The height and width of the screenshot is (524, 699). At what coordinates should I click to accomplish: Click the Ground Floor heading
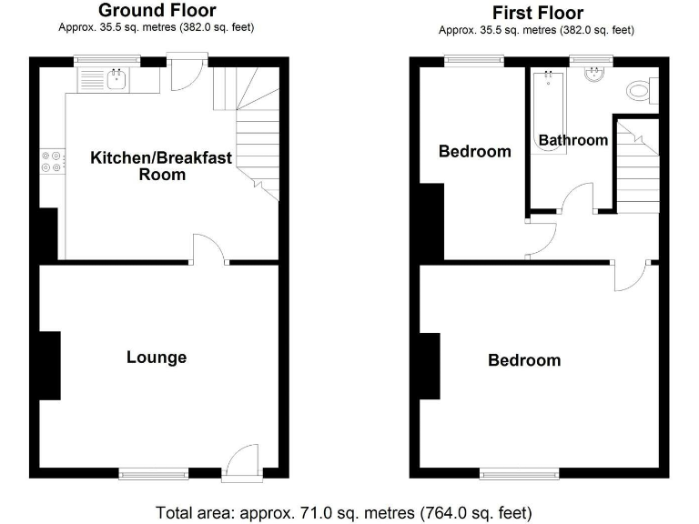pos(157,11)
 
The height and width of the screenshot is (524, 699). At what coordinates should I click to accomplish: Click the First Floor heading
pos(537,13)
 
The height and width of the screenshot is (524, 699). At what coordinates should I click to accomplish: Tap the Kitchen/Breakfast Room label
pos(161,166)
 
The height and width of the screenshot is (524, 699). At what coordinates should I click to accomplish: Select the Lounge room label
pos(157,358)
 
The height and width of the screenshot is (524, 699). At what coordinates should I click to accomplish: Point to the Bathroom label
pos(572,140)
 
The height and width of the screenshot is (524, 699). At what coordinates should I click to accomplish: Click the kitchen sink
pos(117,80)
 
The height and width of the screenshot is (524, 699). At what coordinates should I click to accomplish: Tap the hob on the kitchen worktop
pos(51,161)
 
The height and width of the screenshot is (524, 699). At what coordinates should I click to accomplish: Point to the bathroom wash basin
pos(593,76)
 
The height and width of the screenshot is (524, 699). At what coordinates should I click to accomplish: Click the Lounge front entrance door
pos(242,459)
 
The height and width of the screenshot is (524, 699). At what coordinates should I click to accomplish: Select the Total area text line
pos(344,511)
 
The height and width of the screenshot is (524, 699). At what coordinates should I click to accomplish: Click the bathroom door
pos(577,199)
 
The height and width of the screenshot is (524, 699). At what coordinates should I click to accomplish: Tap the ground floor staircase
pos(254,127)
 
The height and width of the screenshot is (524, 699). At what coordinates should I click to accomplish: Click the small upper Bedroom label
pos(474,151)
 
